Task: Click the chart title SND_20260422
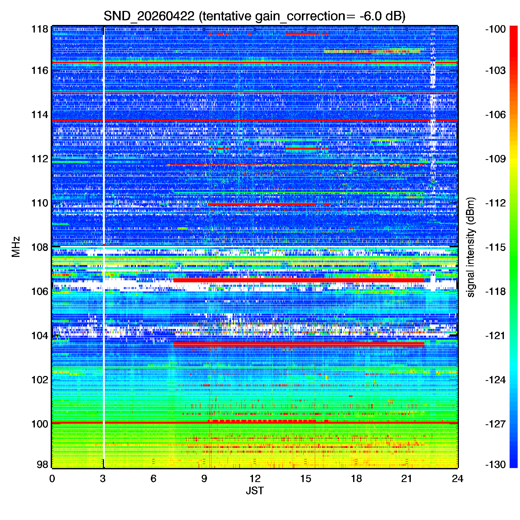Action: (149, 16)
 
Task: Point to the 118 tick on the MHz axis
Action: (40, 29)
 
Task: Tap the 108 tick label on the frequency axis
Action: (40, 247)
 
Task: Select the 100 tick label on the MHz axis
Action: (40, 424)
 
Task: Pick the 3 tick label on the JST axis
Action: (103, 479)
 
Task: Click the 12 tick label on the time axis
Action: (255, 479)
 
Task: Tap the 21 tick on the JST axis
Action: (407, 479)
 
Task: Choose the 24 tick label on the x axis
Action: (458, 479)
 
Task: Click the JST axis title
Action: (255, 491)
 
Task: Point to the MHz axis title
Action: (16, 247)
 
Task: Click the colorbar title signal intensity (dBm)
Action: (471, 247)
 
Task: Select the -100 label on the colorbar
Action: (496, 29)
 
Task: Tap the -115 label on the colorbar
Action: (496, 247)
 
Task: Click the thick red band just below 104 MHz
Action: (299, 344)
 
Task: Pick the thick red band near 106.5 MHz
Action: (299, 280)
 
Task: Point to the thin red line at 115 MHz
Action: (255, 92)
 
